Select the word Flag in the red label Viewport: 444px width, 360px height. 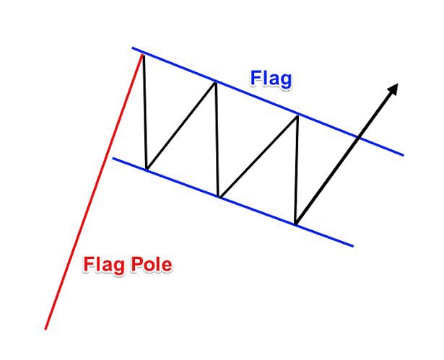[103, 265]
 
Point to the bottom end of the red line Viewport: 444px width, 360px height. [45, 329]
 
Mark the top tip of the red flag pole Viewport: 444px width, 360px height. [143, 53]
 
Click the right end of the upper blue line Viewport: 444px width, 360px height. [403, 154]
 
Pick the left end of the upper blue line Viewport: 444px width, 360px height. [133, 48]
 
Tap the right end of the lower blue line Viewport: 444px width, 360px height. [353, 246]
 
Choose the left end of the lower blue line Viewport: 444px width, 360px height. [113, 157]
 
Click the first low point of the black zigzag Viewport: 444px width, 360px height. [147, 170]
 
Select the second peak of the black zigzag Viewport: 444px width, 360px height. [215, 82]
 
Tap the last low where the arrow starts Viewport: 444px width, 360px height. [296, 223]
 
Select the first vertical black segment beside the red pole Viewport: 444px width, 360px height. [144, 112]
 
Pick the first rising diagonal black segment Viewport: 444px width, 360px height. [180, 126]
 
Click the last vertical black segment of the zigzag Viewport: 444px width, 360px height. [297, 170]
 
